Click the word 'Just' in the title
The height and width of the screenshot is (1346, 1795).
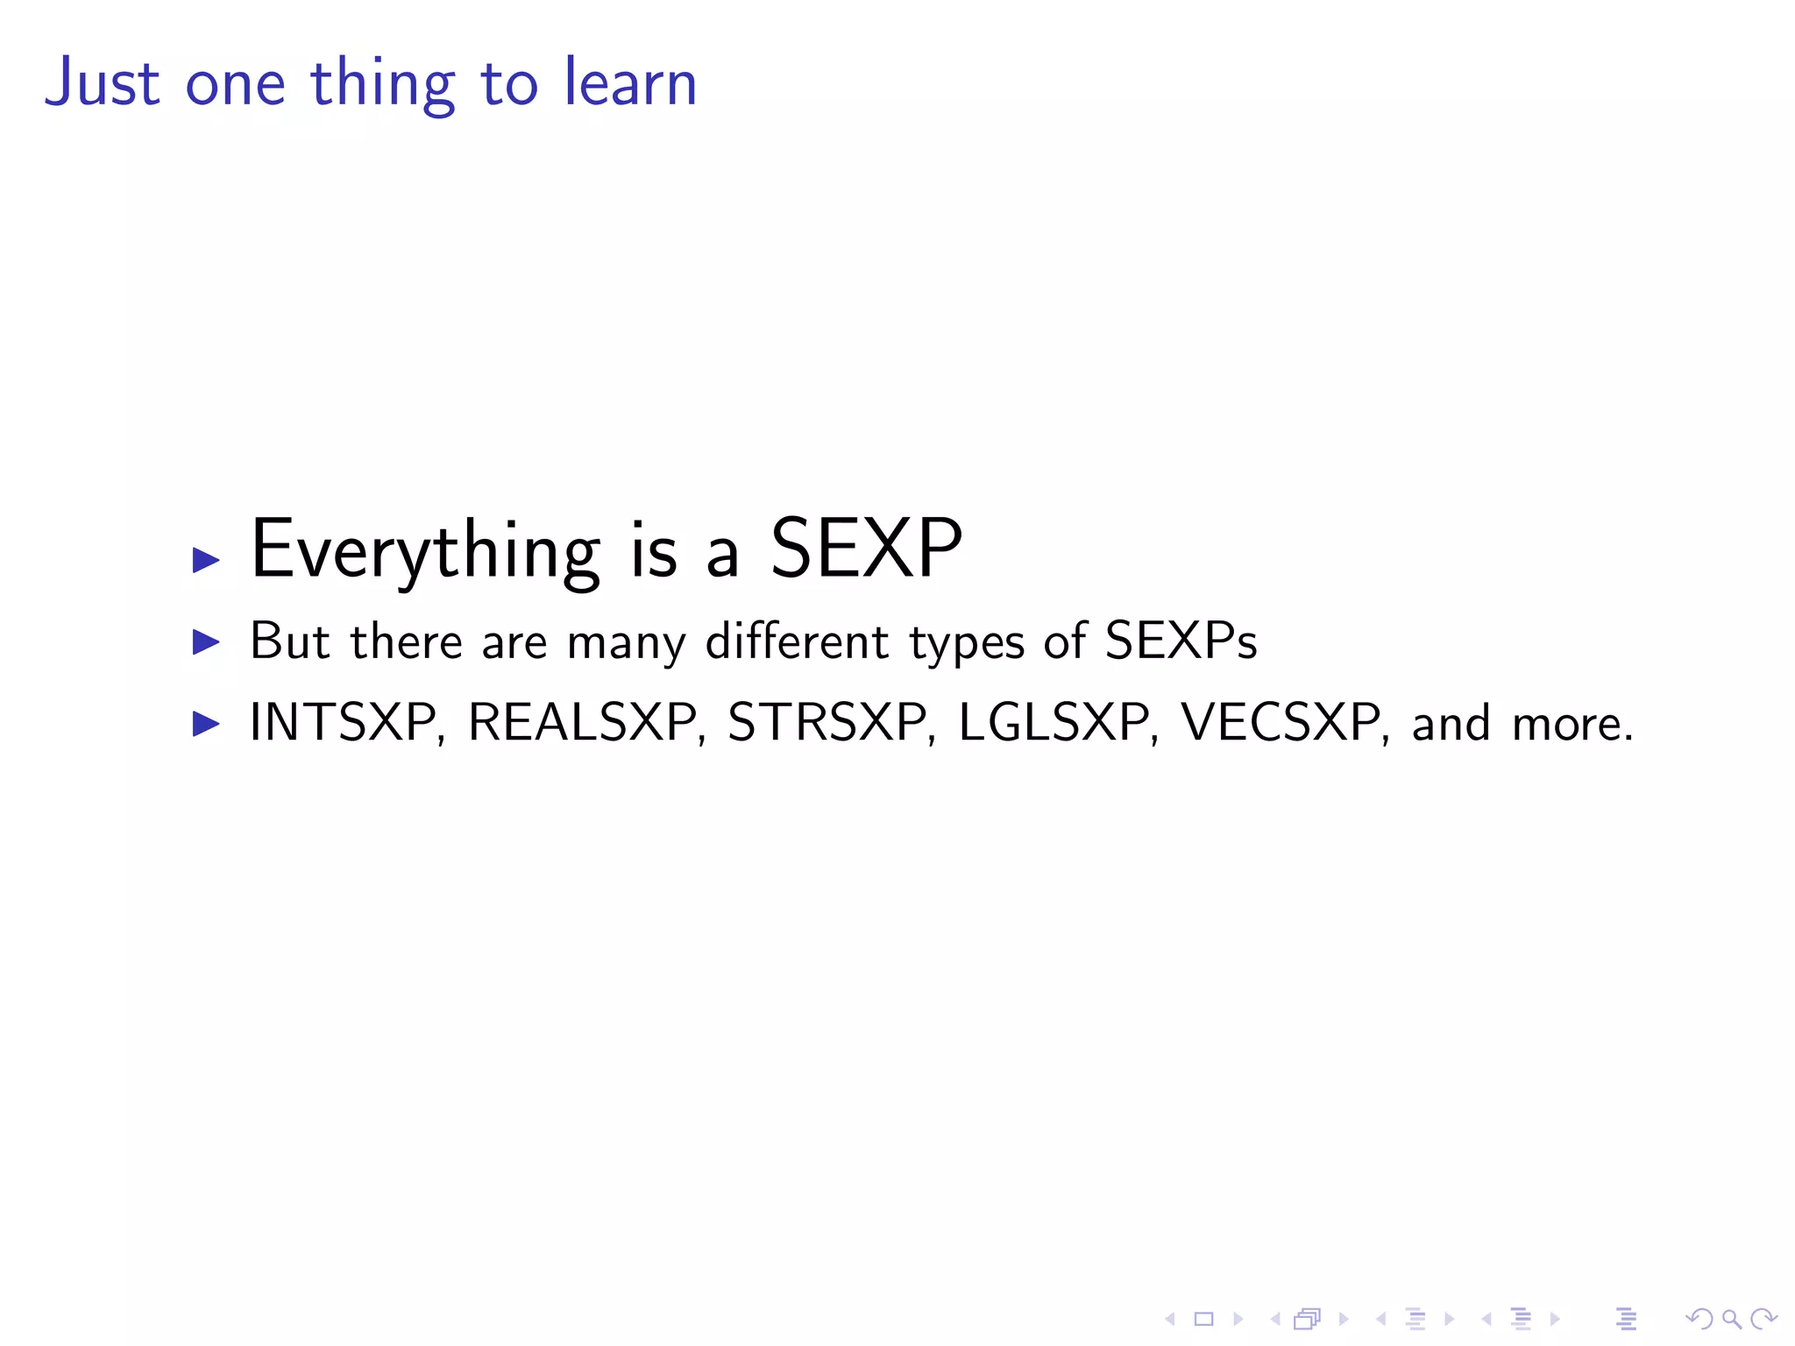pyautogui.click(x=102, y=82)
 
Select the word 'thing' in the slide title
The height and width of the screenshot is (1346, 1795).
pyautogui.click(x=382, y=84)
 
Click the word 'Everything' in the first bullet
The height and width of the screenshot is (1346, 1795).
pyautogui.click(x=425, y=550)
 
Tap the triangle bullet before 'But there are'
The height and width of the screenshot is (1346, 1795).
pyautogui.click(x=206, y=642)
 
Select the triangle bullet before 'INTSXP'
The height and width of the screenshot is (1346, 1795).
pyautogui.click(x=206, y=724)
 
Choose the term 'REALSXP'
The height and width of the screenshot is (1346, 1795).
pyautogui.click(x=582, y=723)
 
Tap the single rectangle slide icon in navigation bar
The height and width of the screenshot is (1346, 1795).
pyautogui.click(x=1203, y=1319)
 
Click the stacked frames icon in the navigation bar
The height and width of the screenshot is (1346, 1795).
pyautogui.click(x=1307, y=1319)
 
